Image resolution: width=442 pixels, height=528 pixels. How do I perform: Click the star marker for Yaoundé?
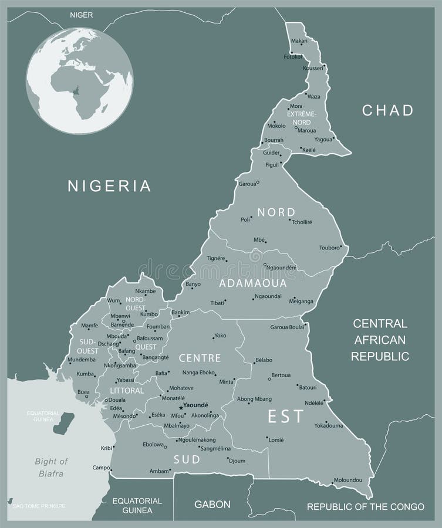(181, 407)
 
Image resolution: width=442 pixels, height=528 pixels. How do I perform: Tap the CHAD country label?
(387, 110)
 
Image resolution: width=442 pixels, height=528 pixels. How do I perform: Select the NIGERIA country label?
(110, 186)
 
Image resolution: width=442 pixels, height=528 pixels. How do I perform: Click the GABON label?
(212, 504)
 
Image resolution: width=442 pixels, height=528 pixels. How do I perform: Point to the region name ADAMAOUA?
(253, 283)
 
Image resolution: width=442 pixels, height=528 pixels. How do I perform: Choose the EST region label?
(286, 417)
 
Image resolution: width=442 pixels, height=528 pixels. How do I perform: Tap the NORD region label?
(276, 212)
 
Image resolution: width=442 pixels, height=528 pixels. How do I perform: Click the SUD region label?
(187, 459)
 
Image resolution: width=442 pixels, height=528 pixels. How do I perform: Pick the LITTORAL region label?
(127, 390)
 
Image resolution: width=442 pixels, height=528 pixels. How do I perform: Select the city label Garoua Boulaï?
(287, 327)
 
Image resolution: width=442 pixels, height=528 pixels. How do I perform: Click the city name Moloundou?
(347, 480)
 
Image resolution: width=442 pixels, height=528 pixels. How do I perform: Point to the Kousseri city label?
(313, 68)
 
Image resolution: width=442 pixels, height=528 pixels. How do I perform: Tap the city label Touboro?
(329, 248)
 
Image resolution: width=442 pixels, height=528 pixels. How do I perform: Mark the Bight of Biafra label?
(51, 467)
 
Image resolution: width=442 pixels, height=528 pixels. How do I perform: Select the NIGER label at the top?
(82, 14)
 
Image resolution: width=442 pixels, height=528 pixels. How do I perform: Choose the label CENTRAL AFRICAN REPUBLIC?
(380, 340)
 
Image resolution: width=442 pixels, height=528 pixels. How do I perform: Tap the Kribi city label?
(106, 448)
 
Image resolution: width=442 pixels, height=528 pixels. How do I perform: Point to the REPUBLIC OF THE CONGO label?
(365, 506)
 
